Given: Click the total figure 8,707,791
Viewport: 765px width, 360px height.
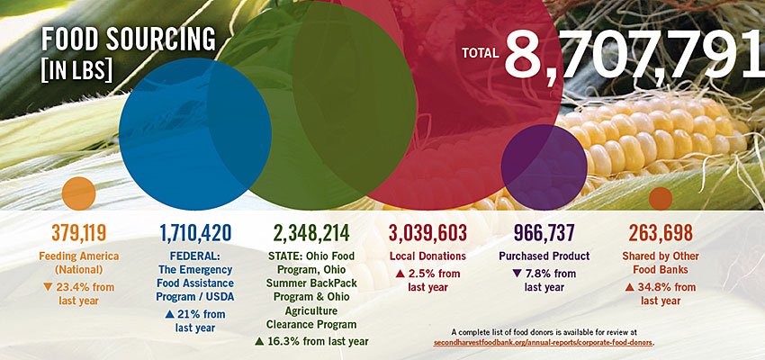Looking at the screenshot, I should pos(633,53).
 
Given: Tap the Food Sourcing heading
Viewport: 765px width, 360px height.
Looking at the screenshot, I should pos(129,40).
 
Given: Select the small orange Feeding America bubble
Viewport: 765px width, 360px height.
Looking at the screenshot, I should pos(78,193).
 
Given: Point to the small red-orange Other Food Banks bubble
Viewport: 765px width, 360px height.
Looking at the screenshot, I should pos(661,199).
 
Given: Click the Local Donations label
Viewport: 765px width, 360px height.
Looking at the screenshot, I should pos(427,256).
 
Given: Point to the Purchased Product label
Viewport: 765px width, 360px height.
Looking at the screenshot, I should pos(544,256).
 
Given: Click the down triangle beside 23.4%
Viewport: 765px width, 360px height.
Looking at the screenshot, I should pos(48,288).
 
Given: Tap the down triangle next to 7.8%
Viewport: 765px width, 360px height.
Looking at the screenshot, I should pos(516,273).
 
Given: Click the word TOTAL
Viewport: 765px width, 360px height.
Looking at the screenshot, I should pos(480,53).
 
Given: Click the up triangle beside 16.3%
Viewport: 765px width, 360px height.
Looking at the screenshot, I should pos(259,341).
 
